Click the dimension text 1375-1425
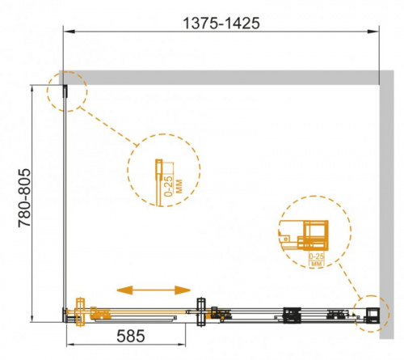click(221, 23)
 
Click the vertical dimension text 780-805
click(24, 198)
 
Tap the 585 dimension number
click(131, 336)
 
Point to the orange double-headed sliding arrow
click(154, 290)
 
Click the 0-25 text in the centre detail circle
click(169, 186)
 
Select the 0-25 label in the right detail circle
click(317, 256)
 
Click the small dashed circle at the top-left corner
click(67, 91)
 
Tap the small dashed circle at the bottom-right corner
click(371, 313)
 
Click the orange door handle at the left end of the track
click(80, 312)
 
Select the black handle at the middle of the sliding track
click(201, 312)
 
